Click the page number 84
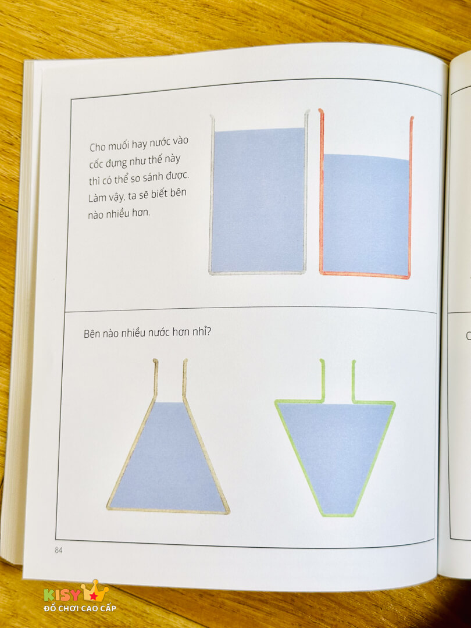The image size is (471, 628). click(x=59, y=550)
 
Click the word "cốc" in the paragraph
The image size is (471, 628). click(x=96, y=164)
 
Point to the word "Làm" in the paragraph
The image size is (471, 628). click(x=98, y=198)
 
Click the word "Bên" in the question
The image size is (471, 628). click(x=92, y=333)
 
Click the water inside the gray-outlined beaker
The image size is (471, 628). click(x=258, y=200)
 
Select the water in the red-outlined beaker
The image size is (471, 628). click(x=366, y=215)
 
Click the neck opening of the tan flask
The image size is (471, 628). click(x=170, y=361)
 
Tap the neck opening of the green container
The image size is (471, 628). click(x=338, y=361)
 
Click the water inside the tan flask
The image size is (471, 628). click(x=168, y=461)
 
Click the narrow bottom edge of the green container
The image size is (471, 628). click(x=338, y=515)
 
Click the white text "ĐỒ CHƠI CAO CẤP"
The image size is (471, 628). click(x=80, y=608)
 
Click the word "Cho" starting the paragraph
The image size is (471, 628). click(x=97, y=147)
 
